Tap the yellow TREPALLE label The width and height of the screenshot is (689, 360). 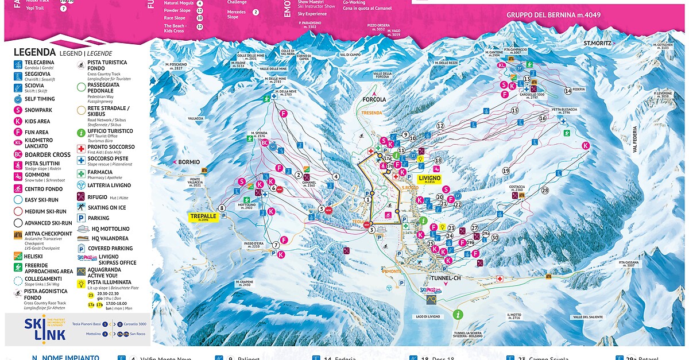(204, 217)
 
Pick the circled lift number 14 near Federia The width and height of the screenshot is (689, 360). (568, 91)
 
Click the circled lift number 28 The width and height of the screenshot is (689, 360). (544, 191)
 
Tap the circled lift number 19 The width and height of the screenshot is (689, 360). (506, 171)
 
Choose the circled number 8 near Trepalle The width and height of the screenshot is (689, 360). (222, 208)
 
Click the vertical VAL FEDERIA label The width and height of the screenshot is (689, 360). (636, 140)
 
